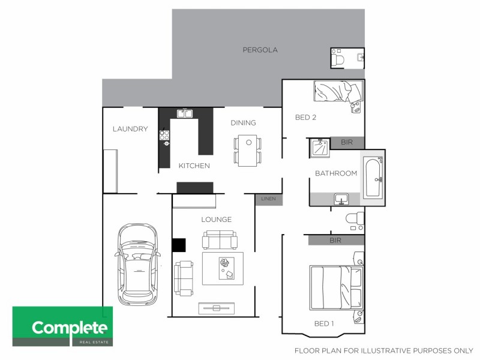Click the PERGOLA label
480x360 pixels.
pyautogui.click(x=260, y=50)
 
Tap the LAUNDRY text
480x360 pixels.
pyautogui.click(x=130, y=129)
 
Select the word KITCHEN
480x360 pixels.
pyautogui.click(x=194, y=166)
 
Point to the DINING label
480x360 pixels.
pyautogui.click(x=243, y=123)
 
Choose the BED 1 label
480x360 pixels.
pyautogui.click(x=324, y=323)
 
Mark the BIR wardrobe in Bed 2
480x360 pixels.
pyautogui.click(x=347, y=143)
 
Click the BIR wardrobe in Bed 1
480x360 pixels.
pyautogui.click(x=336, y=240)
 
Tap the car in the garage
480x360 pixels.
pyautogui.click(x=137, y=264)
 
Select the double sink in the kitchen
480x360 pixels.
pyautogui.click(x=184, y=113)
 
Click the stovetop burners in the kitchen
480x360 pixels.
pyautogui.click(x=164, y=137)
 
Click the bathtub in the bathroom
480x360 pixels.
pyautogui.click(x=373, y=178)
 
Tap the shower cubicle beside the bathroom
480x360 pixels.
pyautogui.click(x=319, y=148)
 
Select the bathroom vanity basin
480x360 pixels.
pyautogui.click(x=340, y=199)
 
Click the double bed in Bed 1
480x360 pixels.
pyautogui.click(x=336, y=287)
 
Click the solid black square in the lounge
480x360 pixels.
pyautogui.click(x=179, y=245)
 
